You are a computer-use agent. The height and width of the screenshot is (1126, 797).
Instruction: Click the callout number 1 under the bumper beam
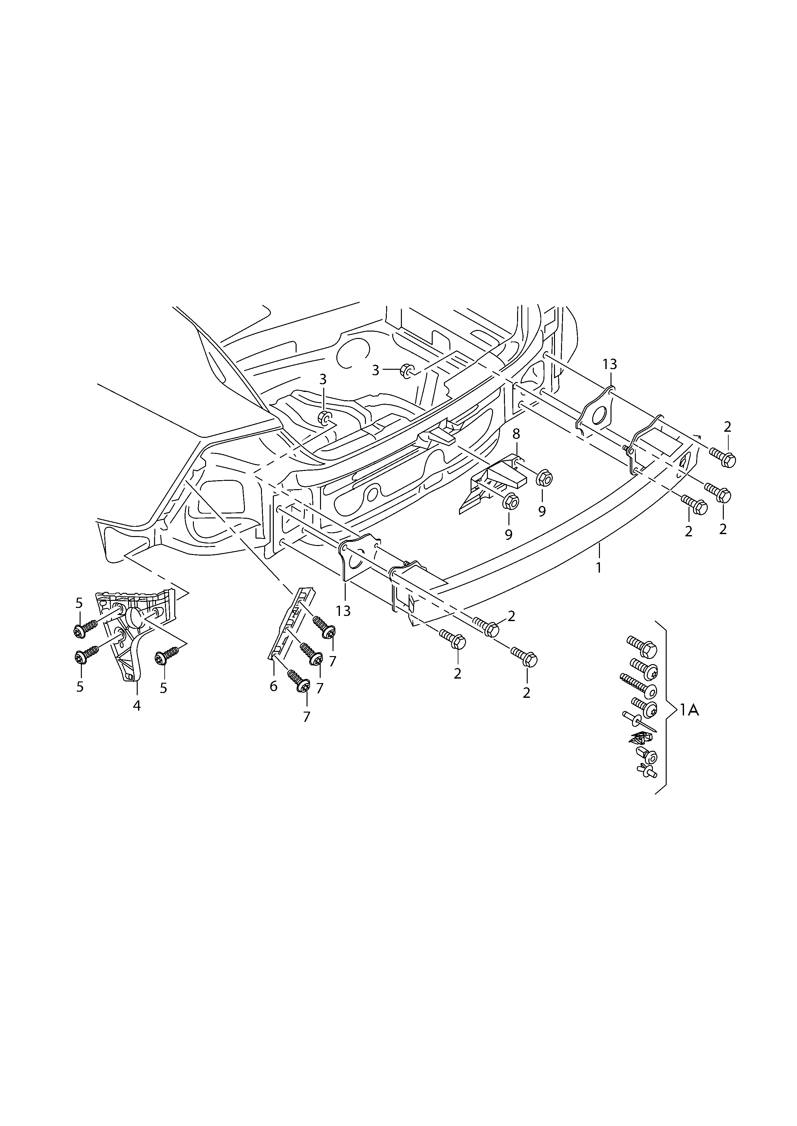point(598,568)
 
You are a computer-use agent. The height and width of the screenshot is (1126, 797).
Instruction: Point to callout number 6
point(273,686)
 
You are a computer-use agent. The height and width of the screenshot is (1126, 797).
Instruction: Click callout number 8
point(516,434)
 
